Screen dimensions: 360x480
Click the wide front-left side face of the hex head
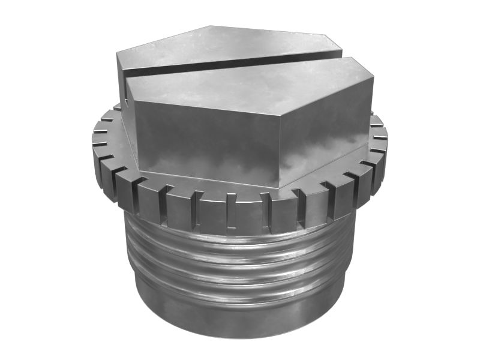204,144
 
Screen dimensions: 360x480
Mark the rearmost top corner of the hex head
210,26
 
